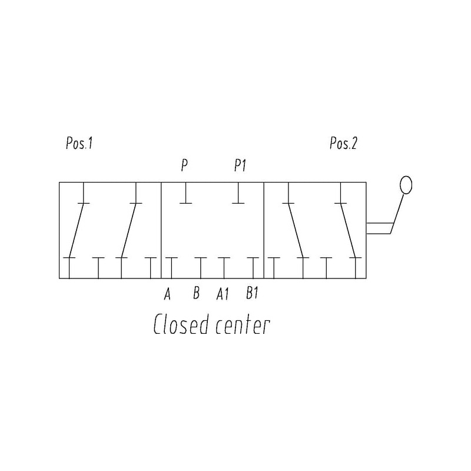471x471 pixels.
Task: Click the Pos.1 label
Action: pos(79,144)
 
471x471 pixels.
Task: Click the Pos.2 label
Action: pos(343,144)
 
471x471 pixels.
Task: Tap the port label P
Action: pos(184,166)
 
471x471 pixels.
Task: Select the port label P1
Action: pos(239,166)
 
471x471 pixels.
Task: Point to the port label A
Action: pos(167,293)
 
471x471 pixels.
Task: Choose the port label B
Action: pos(196,293)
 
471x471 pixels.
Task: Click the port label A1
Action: pos(222,293)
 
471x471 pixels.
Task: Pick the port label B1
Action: pos(252,293)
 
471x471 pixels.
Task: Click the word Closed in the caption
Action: pos(181,324)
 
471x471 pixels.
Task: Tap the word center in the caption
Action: pos(242,325)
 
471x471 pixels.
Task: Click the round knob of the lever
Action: pos(405,185)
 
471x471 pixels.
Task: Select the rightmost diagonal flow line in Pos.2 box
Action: pos(347,230)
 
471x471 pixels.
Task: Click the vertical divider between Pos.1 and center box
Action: pos(161,230)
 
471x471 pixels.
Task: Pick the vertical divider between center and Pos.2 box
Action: pos(264,230)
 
